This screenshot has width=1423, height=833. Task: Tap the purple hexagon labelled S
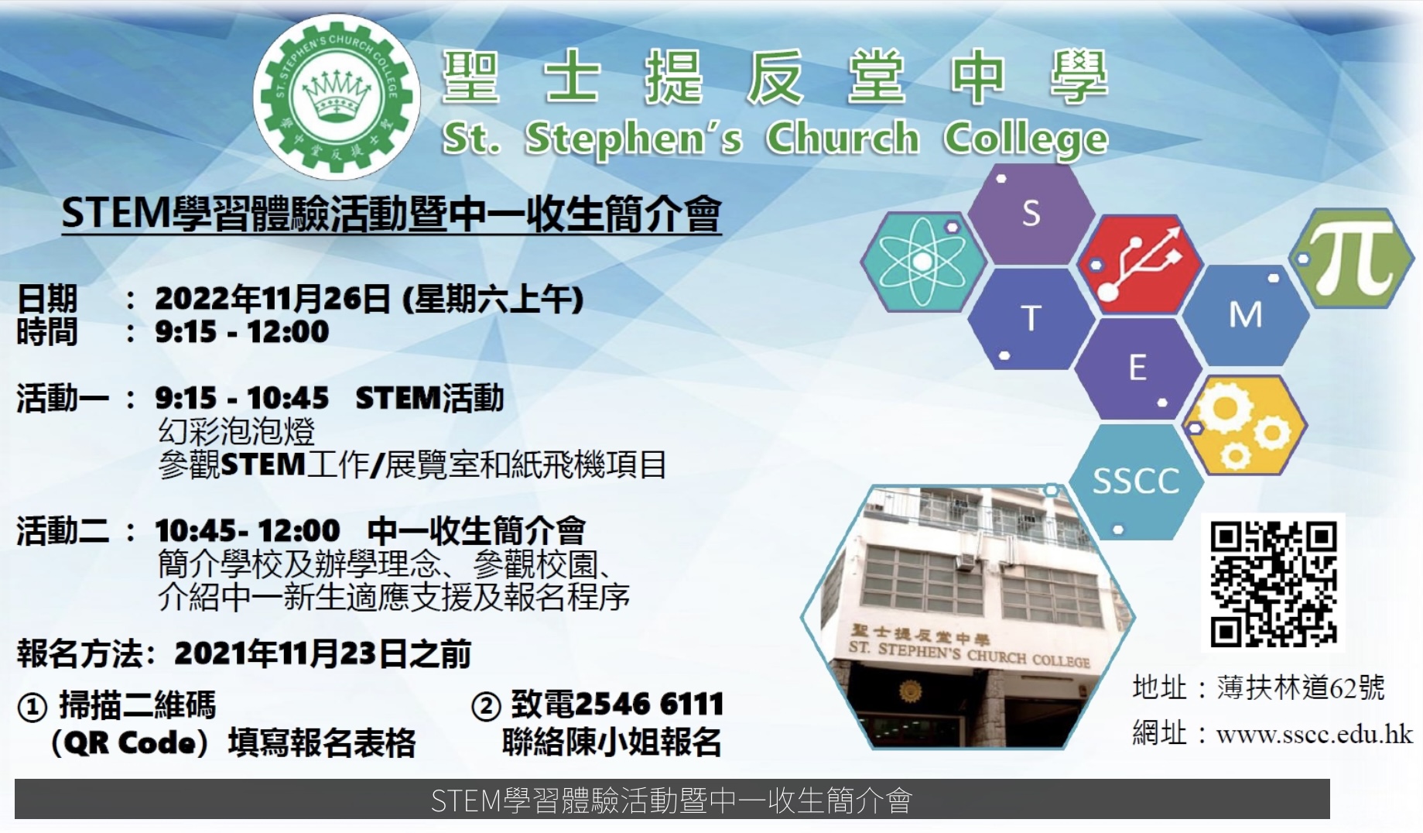click(x=1031, y=214)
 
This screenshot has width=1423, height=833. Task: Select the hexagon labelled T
click(x=1031, y=318)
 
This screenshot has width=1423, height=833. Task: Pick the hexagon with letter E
click(x=1137, y=368)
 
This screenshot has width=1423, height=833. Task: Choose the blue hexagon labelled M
click(x=1245, y=315)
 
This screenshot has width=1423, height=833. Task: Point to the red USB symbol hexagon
click(x=1139, y=265)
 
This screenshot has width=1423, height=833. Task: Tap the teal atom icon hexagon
click(x=923, y=262)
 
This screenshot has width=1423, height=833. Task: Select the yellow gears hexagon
click(x=1243, y=426)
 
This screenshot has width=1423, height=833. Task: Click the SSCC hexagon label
click(x=1136, y=482)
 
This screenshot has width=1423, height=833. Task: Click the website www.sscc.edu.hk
click(x=1315, y=733)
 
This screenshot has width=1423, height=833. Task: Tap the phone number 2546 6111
click(x=649, y=704)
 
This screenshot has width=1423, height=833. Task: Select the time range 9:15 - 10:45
click(x=242, y=399)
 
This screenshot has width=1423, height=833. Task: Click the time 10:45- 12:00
click(x=248, y=531)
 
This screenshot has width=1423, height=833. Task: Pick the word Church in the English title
click(x=843, y=138)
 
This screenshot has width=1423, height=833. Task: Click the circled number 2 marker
click(x=486, y=706)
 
